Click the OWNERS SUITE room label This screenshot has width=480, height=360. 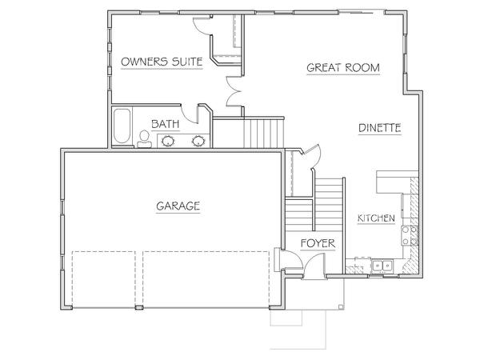pyautogui.click(x=162, y=62)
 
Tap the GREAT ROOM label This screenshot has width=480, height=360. pyautogui.click(x=343, y=68)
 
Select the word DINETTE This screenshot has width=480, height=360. pyautogui.click(x=379, y=128)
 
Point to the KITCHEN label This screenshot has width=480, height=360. pyautogui.click(x=376, y=218)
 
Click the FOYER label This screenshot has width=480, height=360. pyautogui.click(x=318, y=244)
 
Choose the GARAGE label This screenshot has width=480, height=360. pyautogui.click(x=178, y=206)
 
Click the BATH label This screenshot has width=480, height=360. pyautogui.click(x=166, y=124)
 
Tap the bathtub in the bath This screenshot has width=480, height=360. pyautogui.click(x=122, y=126)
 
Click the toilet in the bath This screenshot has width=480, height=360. pyautogui.click(x=144, y=139)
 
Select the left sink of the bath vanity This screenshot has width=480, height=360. pyautogui.click(x=168, y=141)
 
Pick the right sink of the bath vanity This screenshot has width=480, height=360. pyautogui.click(x=198, y=141)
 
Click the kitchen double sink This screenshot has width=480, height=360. pyautogui.click(x=382, y=265)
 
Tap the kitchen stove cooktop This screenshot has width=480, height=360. pyautogui.click(x=410, y=235)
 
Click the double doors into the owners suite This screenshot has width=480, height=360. pyautogui.click(x=234, y=91)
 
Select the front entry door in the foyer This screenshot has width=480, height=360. pyautogui.click(x=313, y=266)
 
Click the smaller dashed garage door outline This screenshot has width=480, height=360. pyautogui.click(x=104, y=279)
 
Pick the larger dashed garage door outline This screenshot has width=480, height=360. pyautogui.click(x=206, y=279)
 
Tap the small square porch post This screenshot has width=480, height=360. pyautogui.click(x=341, y=307)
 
